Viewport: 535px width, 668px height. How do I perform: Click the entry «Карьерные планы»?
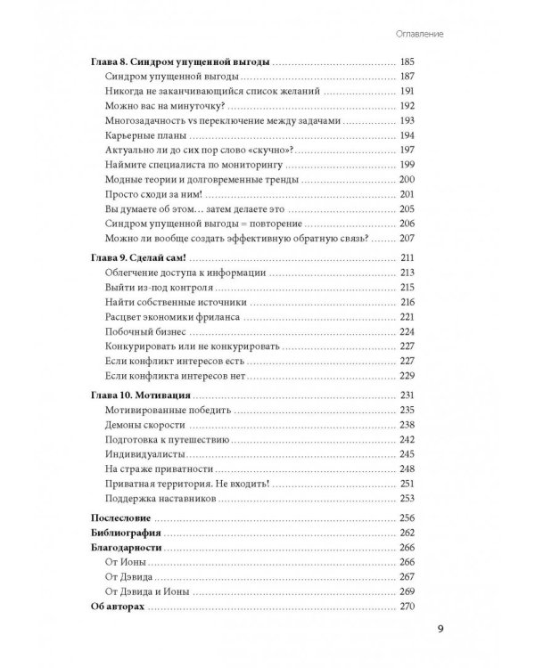(145, 134)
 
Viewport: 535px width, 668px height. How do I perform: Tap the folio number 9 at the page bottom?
(440, 634)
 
